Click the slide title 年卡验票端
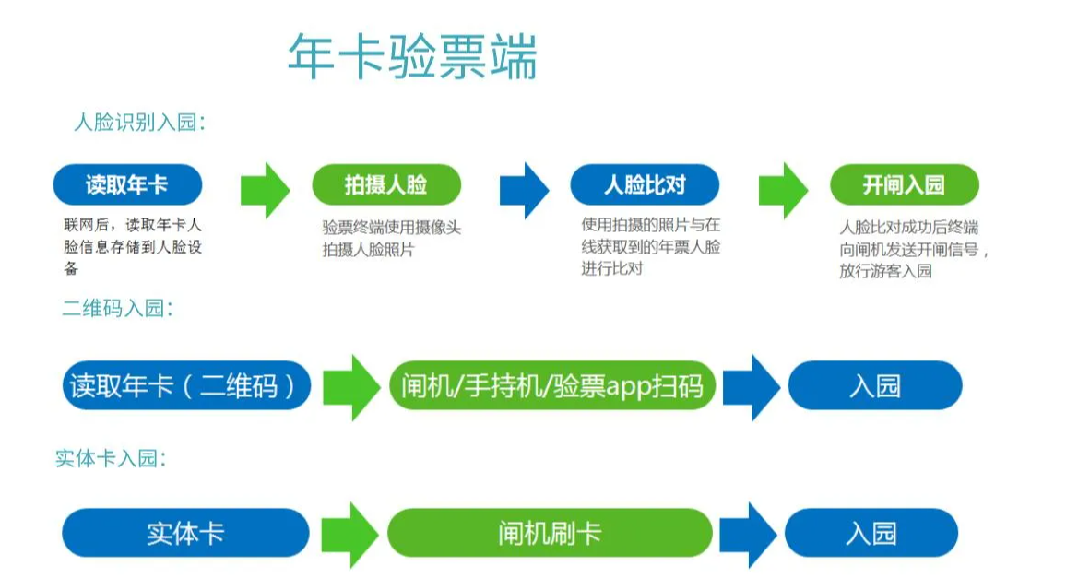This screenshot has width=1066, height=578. (x=411, y=57)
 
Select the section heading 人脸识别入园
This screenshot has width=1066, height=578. (x=139, y=123)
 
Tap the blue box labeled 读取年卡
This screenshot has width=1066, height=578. (x=127, y=185)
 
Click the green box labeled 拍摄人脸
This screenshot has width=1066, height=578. (x=385, y=185)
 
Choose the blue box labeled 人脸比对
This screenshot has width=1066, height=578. (x=644, y=185)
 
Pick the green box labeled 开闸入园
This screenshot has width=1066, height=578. (x=904, y=185)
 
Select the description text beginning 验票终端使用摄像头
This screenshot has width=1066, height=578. (x=391, y=238)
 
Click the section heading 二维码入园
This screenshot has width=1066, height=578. (x=117, y=309)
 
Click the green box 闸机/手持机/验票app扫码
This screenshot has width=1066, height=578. (x=551, y=385)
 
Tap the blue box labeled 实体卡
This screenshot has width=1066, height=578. (x=185, y=533)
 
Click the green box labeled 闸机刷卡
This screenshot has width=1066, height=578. (x=550, y=533)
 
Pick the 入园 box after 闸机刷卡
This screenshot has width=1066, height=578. (x=871, y=533)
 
